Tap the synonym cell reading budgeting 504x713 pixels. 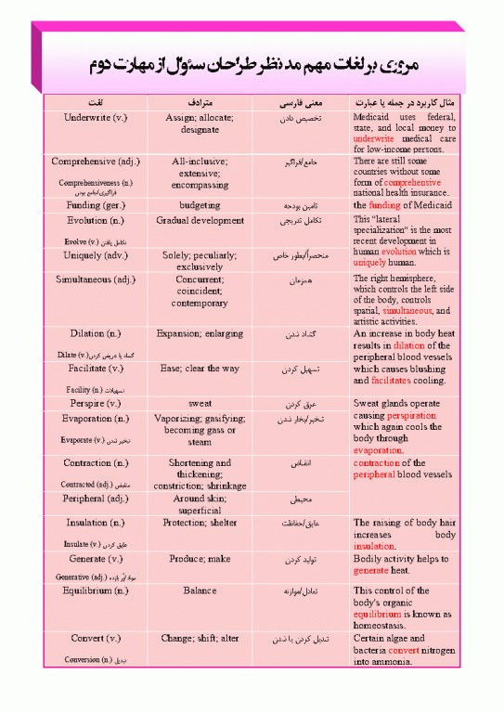pos(200,205)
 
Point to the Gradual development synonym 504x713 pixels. pos(200,221)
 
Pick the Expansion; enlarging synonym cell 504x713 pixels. pos(200,333)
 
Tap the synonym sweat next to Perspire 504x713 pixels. pos(200,404)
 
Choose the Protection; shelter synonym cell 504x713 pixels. pos(200,523)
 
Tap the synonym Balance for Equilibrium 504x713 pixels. pos(200,590)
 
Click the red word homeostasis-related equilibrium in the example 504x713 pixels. pos(379,615)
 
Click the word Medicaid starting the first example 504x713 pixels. pos(377,118)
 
